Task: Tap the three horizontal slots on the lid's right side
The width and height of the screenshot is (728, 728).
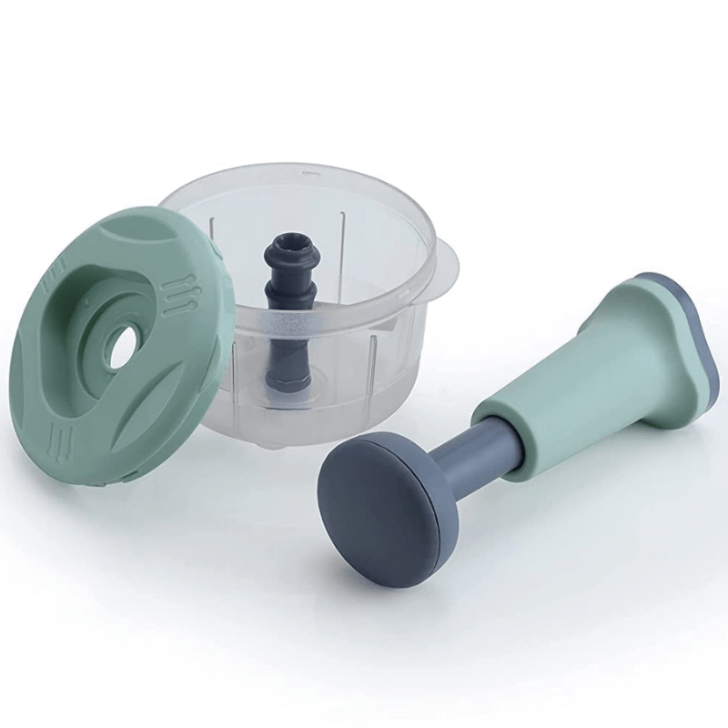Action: [x=179, y=296]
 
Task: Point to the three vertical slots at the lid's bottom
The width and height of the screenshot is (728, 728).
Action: [x=63, y=439]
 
